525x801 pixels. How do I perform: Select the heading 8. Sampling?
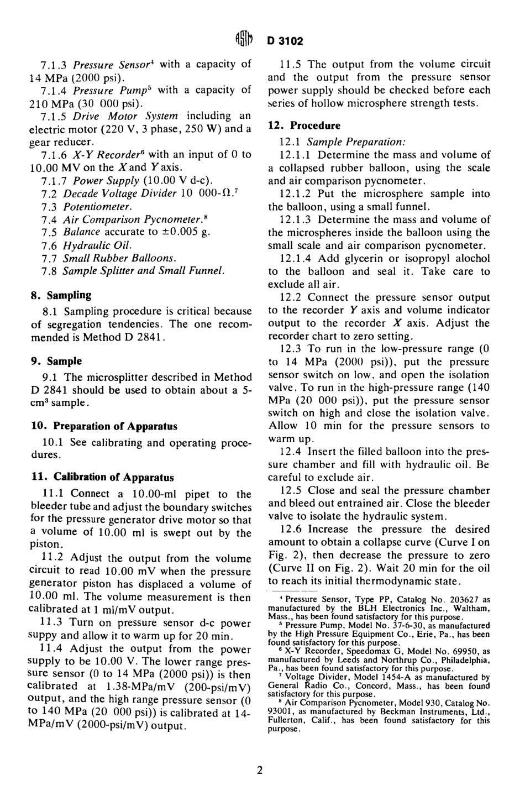(61, 295)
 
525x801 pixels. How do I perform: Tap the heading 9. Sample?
(56, 361)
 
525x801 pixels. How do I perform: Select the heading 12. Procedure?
(305, 125)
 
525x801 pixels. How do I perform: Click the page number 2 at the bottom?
(260, 770)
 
